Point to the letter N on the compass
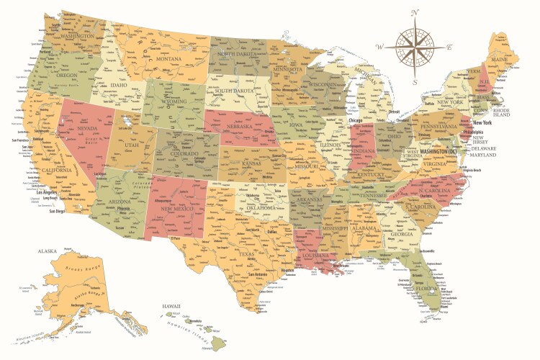pyautogui.click(x=415, y=12)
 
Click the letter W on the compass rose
pyautogui.click(x=379, y=47)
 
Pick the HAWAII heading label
pyautogui.click(x=171, y=307)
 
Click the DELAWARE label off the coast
pyautogui.click(x=485, y=147)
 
